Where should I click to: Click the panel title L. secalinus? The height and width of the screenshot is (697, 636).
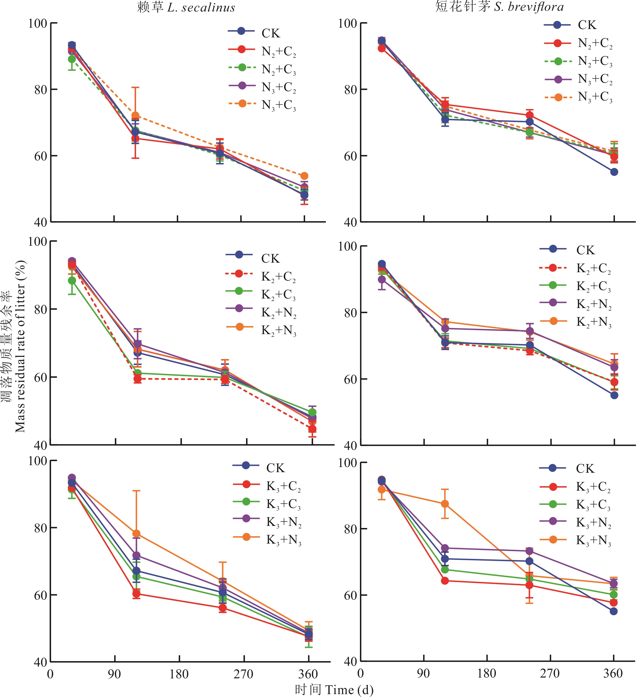point(201,8)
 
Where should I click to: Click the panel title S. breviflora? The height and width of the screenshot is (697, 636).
point(529,7)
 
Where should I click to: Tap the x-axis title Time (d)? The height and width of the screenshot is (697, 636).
point(349,690)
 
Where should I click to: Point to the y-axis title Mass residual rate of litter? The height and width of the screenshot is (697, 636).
point(20,346)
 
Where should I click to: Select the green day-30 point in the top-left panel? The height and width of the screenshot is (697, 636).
point(72,59)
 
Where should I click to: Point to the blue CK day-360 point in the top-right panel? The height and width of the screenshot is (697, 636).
point(614,172)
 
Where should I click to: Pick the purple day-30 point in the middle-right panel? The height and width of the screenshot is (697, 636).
point(382,279)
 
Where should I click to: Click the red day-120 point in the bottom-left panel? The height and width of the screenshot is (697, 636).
point(136,594)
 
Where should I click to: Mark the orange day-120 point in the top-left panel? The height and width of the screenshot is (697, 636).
point(135,115)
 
